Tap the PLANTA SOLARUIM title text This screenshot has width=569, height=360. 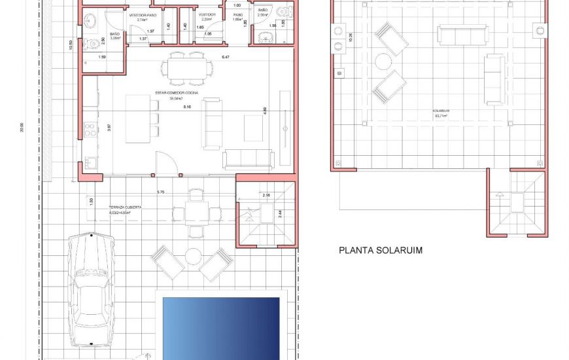point(381,250)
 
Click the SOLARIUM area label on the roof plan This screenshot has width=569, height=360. point(440,111)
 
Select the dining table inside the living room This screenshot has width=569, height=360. point(187,67)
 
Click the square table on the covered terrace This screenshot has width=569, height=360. point(196,212)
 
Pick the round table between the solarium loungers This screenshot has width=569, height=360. point(383,62)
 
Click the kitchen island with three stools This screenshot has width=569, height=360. point(137,115)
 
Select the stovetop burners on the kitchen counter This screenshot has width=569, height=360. point(90,127)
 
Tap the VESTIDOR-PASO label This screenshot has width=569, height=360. point(142,14)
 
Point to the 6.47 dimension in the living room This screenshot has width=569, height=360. point(226,58)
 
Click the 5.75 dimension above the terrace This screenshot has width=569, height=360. point(161,192)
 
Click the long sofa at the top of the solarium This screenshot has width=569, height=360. point(462,34)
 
